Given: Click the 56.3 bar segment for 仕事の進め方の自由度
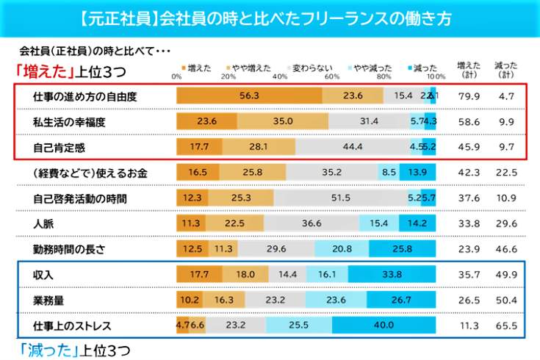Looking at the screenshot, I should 250,96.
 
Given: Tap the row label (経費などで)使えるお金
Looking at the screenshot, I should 82,173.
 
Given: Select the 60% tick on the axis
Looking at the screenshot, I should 331,76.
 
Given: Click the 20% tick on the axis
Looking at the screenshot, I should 228,76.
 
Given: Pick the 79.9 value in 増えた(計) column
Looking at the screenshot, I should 469,96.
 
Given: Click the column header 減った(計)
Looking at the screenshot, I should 505,69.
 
